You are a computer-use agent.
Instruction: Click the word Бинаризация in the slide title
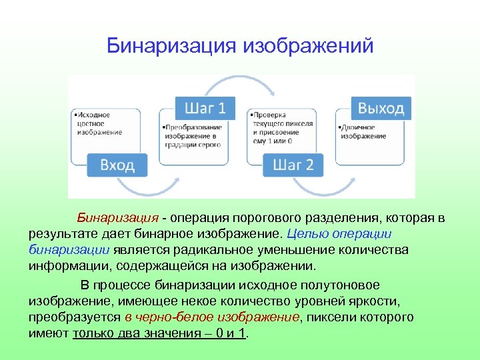point(171,46)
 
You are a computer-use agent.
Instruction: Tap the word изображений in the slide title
point(308,46)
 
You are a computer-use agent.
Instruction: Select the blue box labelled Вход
point(117,165)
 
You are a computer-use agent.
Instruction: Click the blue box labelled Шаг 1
point(205,108)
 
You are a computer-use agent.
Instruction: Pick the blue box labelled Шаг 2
point(293,165)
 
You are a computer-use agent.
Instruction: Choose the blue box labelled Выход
point(381,108)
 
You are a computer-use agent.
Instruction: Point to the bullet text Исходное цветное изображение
point(99,123)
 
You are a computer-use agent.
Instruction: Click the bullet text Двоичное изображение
point(365,131)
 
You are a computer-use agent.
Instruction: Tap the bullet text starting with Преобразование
point(193,136)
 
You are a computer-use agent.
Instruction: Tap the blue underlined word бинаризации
point(69,250)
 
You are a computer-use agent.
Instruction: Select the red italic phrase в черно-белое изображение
point(212,317)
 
